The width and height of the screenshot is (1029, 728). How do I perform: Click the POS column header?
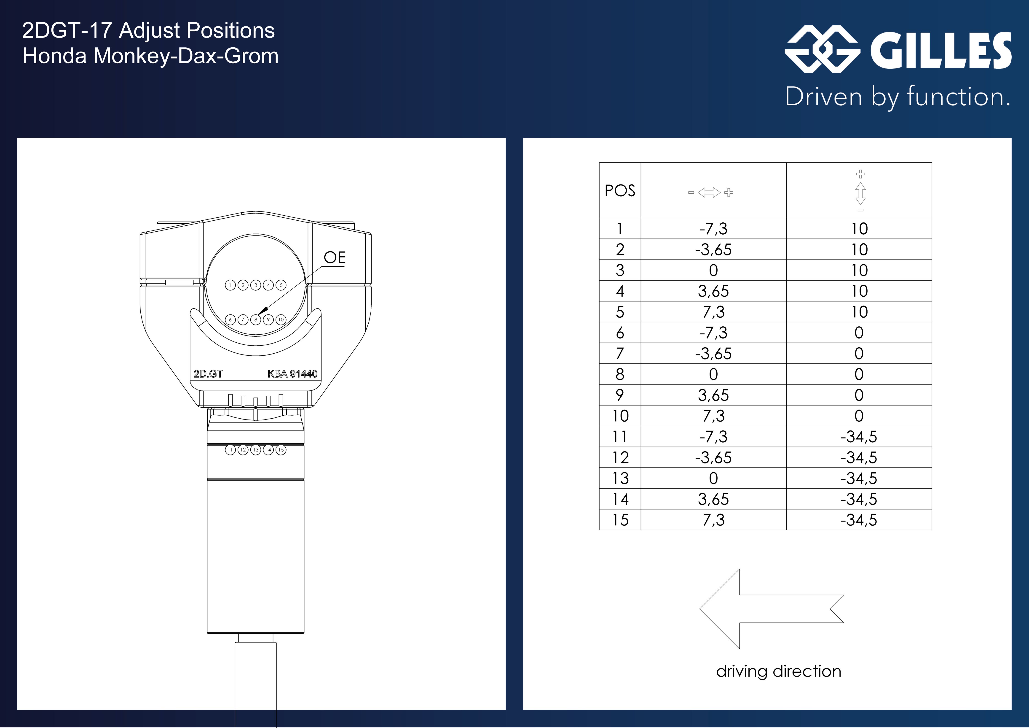620,191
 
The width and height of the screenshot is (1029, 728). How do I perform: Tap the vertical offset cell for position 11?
859,436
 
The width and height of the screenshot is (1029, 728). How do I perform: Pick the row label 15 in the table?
620,520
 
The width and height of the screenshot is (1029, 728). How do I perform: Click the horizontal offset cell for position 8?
713,374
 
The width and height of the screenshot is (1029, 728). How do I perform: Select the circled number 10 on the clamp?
281,319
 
